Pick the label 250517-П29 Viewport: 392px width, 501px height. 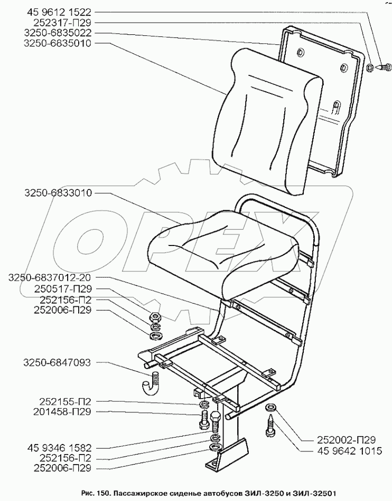click(x=55, y=289)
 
